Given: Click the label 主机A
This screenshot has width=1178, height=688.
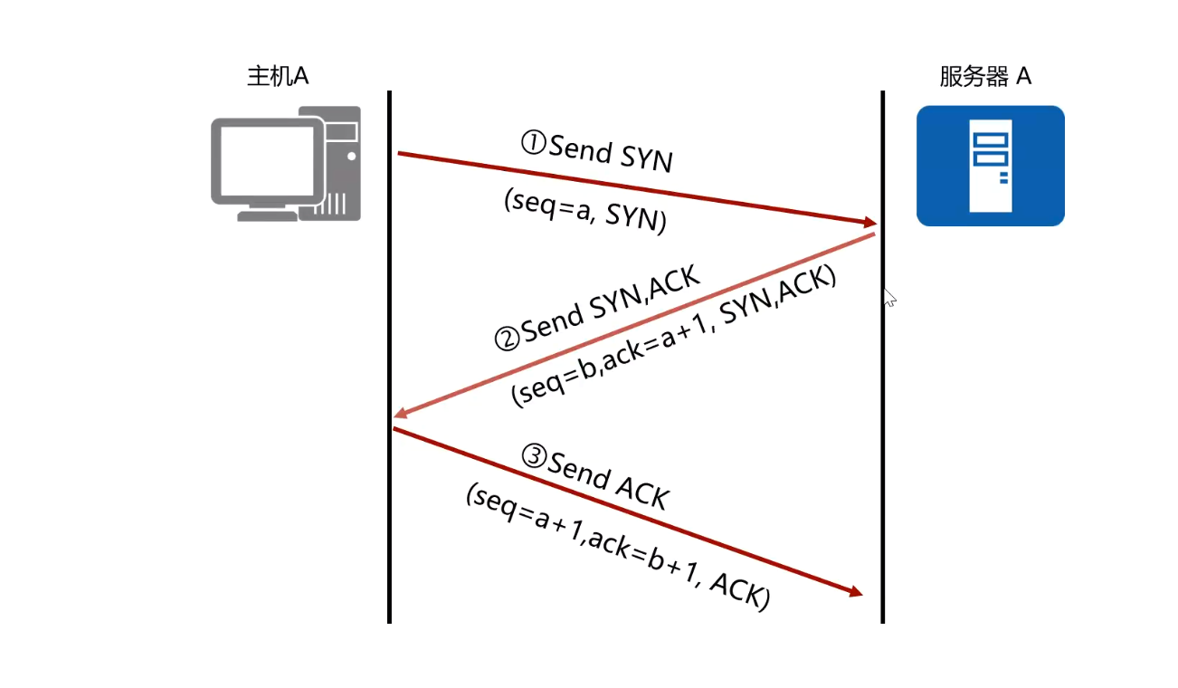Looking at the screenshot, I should [x=278, y=76].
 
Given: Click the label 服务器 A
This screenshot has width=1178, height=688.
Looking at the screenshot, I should [x=985, y=76].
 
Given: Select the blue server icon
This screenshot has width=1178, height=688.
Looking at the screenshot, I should [x=990, y=166].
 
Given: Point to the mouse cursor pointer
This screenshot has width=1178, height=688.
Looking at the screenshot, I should [x=888, y=297].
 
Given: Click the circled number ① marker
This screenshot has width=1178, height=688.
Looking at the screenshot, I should [x=533, y=142].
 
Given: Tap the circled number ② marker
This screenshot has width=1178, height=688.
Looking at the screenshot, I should [x=507, y=339].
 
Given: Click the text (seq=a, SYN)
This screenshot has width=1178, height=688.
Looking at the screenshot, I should [x=584, y=212].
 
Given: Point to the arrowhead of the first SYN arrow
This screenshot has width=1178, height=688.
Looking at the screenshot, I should [x=870, y=222].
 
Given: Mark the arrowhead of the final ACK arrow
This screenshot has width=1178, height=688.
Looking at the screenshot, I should [x=855, y=593].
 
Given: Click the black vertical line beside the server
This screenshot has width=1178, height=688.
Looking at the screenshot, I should [x=882, y=453].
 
